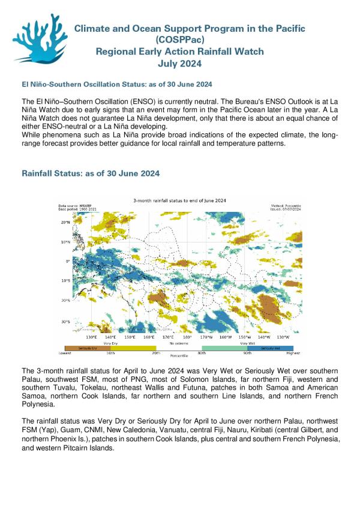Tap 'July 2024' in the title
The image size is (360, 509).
point(179,63)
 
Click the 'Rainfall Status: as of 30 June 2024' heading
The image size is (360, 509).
point(91,173)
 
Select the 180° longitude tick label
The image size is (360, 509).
point(187,337)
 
